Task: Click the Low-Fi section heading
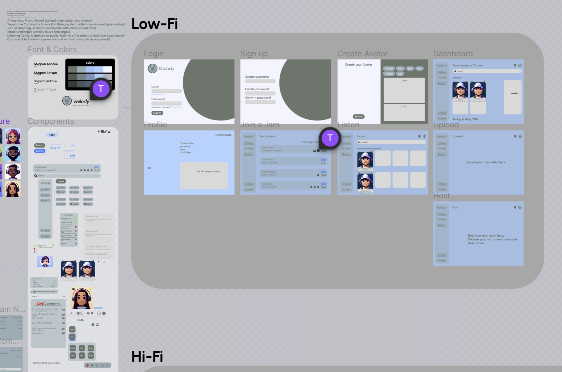point(155,24)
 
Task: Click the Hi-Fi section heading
point(147,357)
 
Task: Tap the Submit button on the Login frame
point(157,113)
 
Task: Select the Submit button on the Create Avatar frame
point(358,116)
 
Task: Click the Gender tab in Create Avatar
point(389,69)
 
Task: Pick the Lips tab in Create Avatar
point(400,74)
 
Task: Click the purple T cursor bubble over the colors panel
point(101,89)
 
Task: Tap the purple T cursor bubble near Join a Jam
point(330,138)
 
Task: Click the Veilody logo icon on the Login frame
point(153,68)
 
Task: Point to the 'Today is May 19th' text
point(465,119)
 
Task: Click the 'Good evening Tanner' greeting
point(467,65)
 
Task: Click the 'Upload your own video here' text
point(485,162)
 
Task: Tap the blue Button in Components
point(40,151)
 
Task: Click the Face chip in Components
point(52,135)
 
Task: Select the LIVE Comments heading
point(48,304)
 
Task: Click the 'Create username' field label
point(257,77)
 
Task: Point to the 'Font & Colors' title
point(52,50)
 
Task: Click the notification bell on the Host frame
point(515,207)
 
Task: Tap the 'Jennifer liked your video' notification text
point(46,363)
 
